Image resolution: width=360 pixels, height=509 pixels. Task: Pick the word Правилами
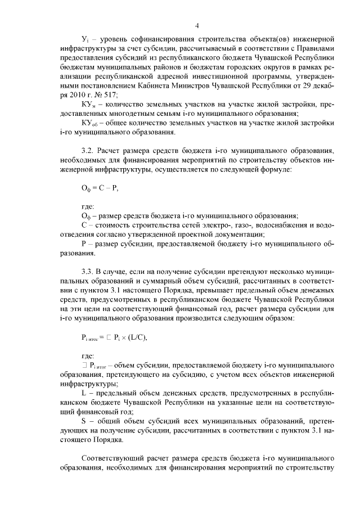tap(311, 57)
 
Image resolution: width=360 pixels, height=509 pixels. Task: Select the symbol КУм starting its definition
tap(88, 105)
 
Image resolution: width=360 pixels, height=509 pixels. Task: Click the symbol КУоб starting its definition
tap(89, 123)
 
